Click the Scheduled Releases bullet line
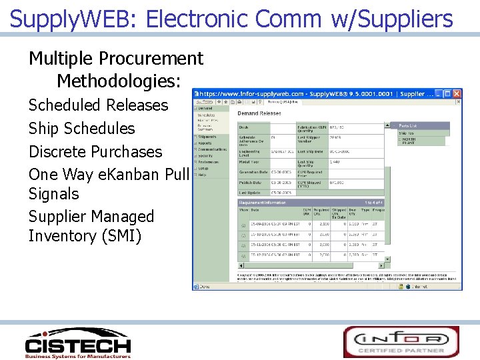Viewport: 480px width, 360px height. click(98, 105)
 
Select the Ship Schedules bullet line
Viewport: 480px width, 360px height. click(81, 129)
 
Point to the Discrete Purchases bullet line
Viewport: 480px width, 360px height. click(95, 151)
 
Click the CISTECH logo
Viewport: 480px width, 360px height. click(77, 343)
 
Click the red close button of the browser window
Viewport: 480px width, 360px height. click(457, 94)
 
